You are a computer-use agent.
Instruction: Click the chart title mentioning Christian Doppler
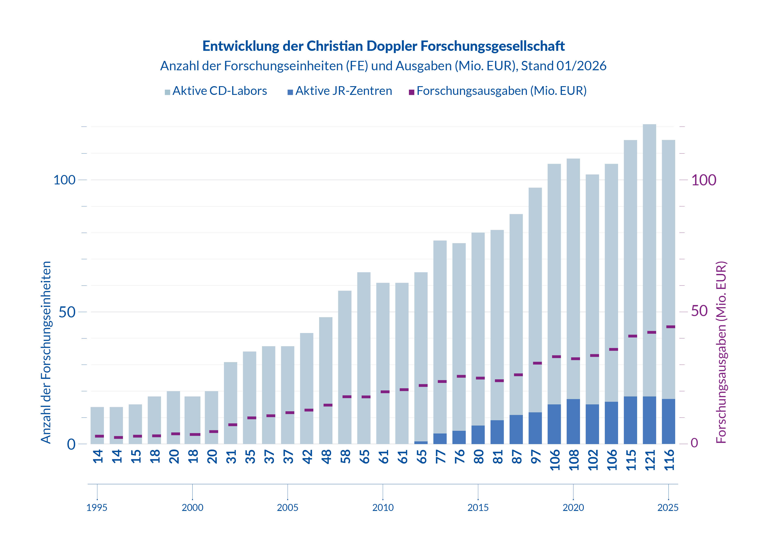(383, 46)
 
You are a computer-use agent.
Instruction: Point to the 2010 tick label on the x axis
(383, 508)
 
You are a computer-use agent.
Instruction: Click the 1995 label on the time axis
(97, 508)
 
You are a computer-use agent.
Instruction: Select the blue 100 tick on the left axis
(64, 180)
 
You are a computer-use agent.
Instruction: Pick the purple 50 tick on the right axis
(699, 311)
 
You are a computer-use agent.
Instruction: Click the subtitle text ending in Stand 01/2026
(383, 66)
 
